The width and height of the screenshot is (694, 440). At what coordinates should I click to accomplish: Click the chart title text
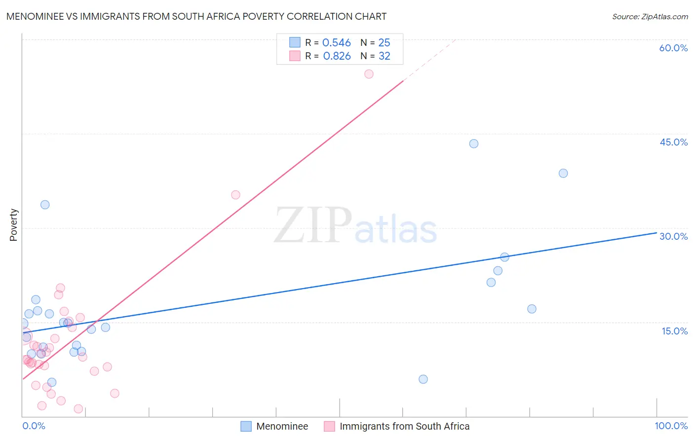coord(196,16)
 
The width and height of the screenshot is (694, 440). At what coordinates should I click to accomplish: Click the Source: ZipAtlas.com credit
coord(650,16)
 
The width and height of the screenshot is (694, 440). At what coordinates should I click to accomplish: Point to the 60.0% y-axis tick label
coord(673,48)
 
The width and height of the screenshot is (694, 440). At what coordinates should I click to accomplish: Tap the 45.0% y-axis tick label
coord(673,142)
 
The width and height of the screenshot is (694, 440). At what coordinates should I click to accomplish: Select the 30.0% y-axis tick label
coord(673,236)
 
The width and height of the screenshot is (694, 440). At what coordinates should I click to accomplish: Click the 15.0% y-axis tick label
coord(674,331)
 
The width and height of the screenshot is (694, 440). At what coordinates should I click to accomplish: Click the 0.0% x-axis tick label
coord(34,426)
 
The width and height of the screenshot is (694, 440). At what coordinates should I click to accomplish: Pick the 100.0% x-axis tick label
coord(671,426)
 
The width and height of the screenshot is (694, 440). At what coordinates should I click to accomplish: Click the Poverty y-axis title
coord(13,225)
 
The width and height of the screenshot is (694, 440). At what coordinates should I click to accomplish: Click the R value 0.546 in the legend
coord(336,43)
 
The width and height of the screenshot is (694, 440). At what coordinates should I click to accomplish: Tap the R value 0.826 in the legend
coord(337,56)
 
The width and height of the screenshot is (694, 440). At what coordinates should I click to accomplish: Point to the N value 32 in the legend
coord(384,56)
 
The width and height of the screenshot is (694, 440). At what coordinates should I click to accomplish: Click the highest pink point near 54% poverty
coord(369,74)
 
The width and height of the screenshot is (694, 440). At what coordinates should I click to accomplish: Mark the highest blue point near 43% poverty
coord(474,144)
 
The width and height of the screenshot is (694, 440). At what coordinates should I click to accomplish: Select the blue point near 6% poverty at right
coord(423,379)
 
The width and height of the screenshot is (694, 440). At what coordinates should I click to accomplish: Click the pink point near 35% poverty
coord(235,195)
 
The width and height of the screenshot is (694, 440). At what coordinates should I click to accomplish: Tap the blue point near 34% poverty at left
coord(45,205)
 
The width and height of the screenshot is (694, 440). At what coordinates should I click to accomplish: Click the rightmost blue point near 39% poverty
coord(563,173)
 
